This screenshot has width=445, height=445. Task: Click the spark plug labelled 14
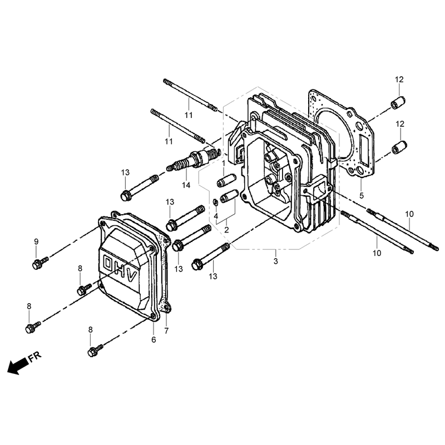pos(193,159)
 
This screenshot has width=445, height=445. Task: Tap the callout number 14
pos(186,185)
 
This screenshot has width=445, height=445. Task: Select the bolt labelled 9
pos(40,263)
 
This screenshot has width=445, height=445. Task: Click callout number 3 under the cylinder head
pos(275,261)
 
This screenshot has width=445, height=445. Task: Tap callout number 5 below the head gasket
pos(361,196)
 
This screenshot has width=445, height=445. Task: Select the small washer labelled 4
pos(215,202)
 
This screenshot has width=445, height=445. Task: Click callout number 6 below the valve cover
pos(154,340)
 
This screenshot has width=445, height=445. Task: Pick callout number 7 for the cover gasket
pos(166,330)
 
